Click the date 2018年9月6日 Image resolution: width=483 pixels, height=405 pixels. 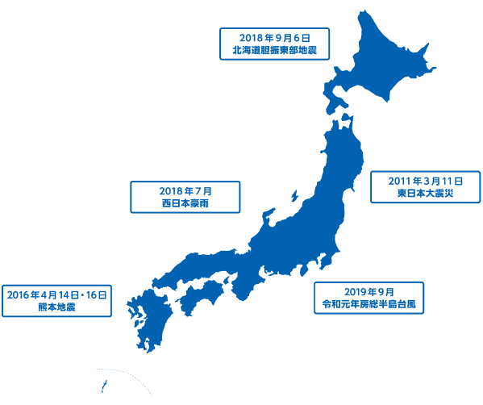point(275,37)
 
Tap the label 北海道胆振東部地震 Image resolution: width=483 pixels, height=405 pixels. point(275,51)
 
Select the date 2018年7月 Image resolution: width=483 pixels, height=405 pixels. point(185,191)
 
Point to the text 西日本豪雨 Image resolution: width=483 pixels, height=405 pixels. point(185,204)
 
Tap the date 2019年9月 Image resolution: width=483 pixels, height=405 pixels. point(368,291)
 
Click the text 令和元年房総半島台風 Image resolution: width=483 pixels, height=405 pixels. point(368,305)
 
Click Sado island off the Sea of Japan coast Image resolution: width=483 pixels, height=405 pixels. point(294,197)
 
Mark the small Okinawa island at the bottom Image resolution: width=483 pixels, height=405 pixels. point(102,386)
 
